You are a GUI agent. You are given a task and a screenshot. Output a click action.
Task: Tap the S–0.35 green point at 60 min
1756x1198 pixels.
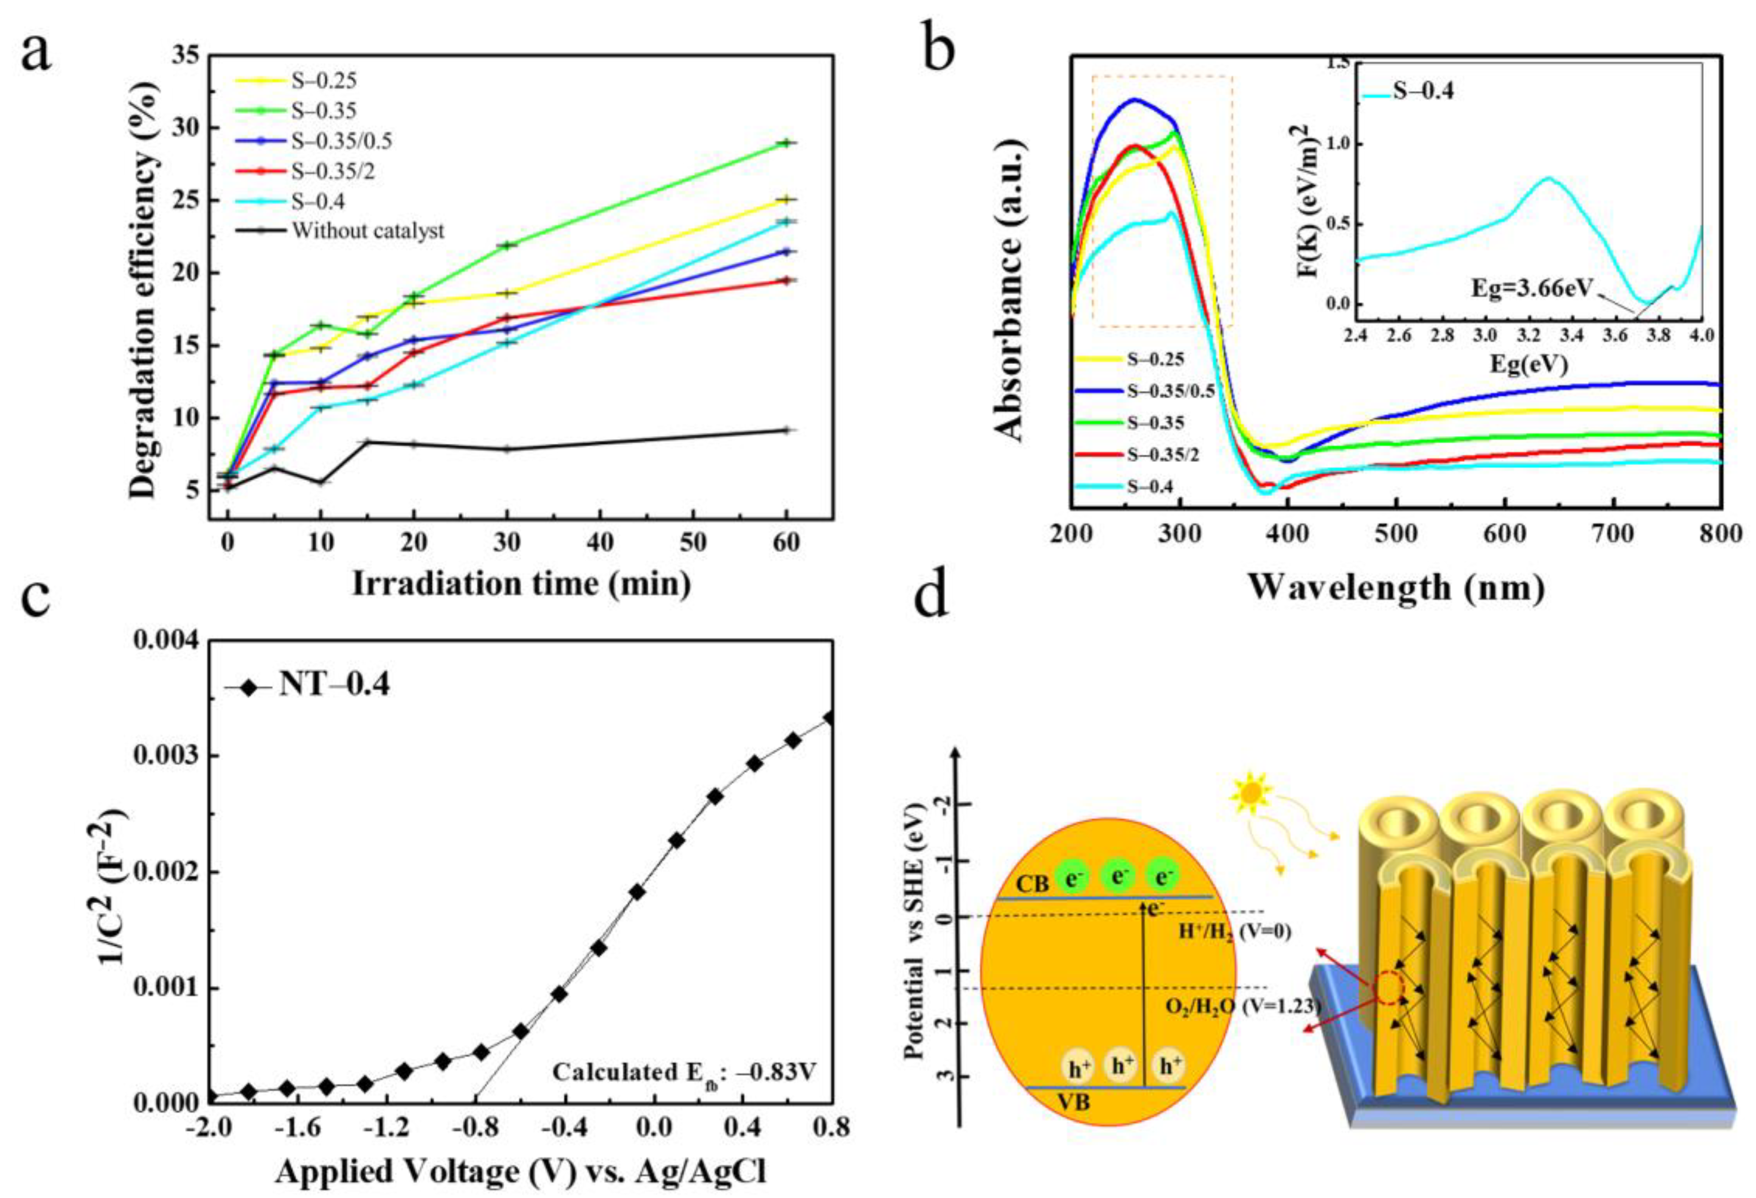pos(786,142)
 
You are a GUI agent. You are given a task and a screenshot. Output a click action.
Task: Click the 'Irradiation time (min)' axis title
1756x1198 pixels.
pos(521,585)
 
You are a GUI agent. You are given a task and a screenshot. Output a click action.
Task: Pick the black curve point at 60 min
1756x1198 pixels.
pos(786,430)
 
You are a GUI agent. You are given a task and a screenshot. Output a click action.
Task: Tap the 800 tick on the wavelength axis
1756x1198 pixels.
pos(1720,534)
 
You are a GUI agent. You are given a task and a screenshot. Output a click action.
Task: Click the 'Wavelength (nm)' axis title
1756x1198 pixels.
pos(1395,587)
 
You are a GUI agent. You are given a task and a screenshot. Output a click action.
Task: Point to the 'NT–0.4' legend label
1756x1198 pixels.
pos(335,685)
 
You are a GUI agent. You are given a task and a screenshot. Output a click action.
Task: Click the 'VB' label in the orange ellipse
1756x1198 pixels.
pos(1073,1102)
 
